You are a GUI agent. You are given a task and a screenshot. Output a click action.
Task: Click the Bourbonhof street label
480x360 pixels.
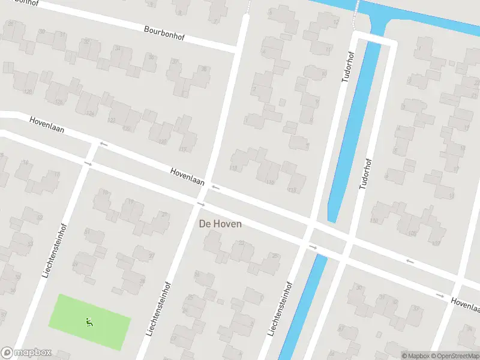pos(164,32)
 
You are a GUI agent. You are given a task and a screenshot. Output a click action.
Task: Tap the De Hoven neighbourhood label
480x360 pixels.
pos(220,224)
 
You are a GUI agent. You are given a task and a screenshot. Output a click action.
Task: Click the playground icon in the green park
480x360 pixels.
pos(89,322)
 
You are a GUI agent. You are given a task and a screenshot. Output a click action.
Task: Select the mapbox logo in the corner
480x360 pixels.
pos(26,353)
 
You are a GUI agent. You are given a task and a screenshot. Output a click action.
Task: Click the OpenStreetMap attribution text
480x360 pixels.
pos(454,356)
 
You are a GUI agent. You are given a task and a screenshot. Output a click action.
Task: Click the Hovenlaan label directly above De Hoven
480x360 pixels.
pos(187,176)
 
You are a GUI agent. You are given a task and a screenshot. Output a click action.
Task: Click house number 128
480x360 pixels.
pos(58,103)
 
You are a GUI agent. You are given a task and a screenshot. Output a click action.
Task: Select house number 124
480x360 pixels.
pos(90,113)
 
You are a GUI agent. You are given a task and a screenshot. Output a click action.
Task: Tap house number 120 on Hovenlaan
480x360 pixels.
pos(161,142)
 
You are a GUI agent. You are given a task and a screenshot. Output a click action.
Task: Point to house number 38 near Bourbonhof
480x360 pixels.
pos(203,69)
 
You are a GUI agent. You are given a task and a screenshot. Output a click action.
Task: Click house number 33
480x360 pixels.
pos(415,309)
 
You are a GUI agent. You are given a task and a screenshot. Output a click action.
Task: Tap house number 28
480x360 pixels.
pos(142,281)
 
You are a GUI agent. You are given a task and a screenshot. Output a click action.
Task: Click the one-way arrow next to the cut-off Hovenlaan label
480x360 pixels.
pos(440,295)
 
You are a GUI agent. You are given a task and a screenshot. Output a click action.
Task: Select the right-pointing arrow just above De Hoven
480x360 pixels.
pos(200,204)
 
